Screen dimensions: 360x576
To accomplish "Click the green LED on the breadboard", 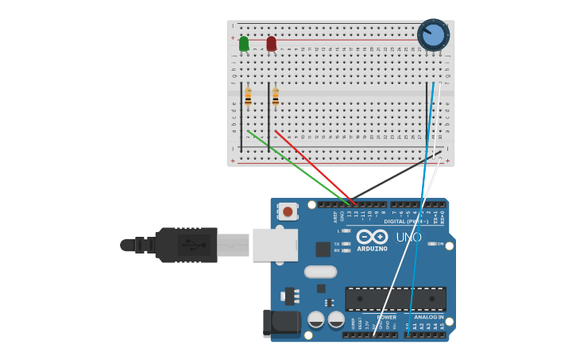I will [244, 44].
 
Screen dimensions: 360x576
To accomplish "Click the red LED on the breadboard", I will [272, 44].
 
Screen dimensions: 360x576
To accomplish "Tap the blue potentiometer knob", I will [433, 35].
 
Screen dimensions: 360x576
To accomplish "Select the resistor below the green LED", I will [248, 97].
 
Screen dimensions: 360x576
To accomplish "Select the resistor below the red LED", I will [276, 97].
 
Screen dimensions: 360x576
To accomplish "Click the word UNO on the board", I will [408, 237].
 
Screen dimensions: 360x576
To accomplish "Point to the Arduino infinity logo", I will [372, 237].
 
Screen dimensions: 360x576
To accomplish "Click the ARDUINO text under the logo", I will [372, 249].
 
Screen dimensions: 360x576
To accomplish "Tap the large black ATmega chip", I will [395, 299].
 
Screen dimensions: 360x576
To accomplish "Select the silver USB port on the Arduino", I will [275, 245].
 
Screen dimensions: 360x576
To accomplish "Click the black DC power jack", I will [282, 323].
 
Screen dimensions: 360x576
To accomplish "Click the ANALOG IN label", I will [429, 317].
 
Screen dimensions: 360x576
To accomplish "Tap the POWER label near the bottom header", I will [386, 317].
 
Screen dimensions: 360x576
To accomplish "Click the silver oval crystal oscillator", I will [320, 272].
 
